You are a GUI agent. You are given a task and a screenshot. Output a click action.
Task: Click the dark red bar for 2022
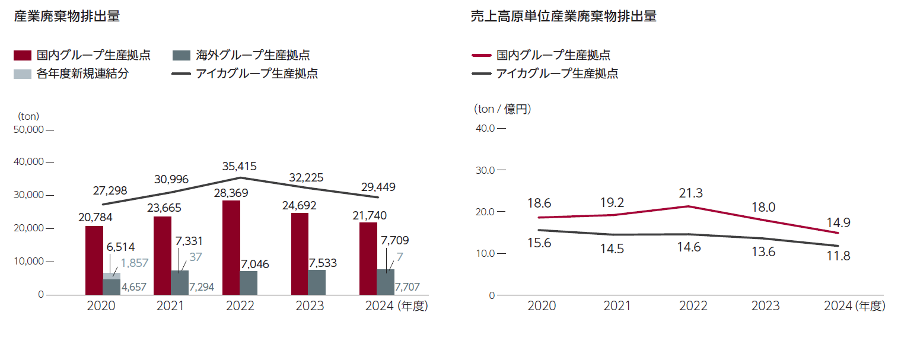tap(231, 247)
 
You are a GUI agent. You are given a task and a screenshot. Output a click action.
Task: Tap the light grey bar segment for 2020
tap(112, 276)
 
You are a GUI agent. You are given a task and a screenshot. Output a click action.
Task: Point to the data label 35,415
tap(240, 166)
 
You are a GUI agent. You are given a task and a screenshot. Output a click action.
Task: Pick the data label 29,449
tap(377, 187)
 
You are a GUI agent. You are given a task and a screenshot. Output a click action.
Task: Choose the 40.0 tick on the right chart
tap(485, 128)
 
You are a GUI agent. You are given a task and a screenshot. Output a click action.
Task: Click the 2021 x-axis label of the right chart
tap(617, 306)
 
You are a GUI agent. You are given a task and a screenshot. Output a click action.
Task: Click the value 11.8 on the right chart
tap(838, 257)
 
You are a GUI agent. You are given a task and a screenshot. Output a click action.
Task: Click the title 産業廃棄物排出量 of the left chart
tap(67, 17)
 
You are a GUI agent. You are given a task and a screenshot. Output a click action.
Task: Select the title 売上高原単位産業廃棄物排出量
tap(563, 17)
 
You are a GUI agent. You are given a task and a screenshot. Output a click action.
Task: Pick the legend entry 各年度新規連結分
tap(82, 74)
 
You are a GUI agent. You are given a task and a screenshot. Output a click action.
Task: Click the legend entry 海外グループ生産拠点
tap(253, 55)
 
